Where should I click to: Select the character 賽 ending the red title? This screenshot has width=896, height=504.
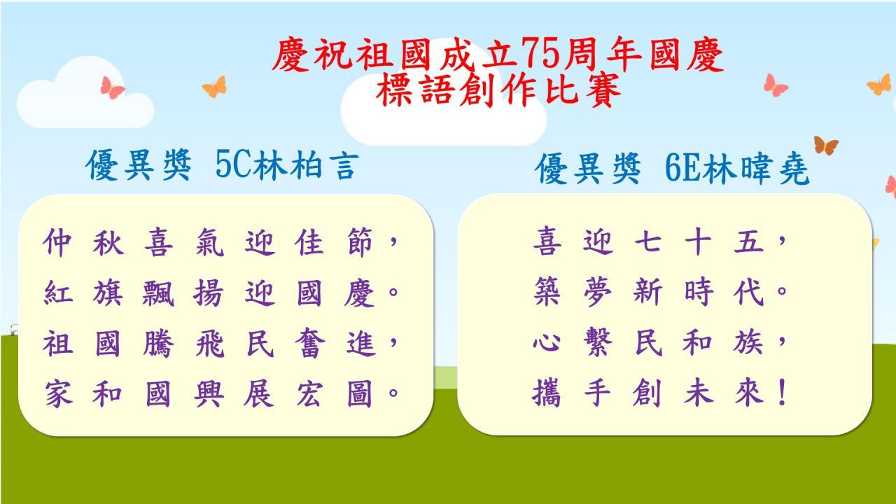pos(603,90)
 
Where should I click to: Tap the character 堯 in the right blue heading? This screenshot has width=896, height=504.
pos(794,169)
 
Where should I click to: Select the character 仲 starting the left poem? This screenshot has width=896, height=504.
pos(57,242)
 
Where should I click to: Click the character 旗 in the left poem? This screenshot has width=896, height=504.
pos(108,293)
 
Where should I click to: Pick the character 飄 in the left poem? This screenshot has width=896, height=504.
pos(158,293)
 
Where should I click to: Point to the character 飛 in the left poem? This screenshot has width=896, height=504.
pos(209,343)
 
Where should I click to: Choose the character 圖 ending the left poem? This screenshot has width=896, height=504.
pos(360,393)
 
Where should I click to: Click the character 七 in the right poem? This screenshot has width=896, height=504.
pos(647,241)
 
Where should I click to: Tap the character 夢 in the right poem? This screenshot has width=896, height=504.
pos(598,292)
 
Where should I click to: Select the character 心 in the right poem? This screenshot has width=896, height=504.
pos(547,343)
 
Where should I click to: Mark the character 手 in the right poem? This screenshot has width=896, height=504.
pos(598,393)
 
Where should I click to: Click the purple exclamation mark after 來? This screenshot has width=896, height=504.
pos(783,392)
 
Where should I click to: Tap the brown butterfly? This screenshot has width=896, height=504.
pos(826,145)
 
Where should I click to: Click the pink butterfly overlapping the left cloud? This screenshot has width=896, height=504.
pos(112,87)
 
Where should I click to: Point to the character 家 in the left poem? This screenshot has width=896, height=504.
pos(58,393)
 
